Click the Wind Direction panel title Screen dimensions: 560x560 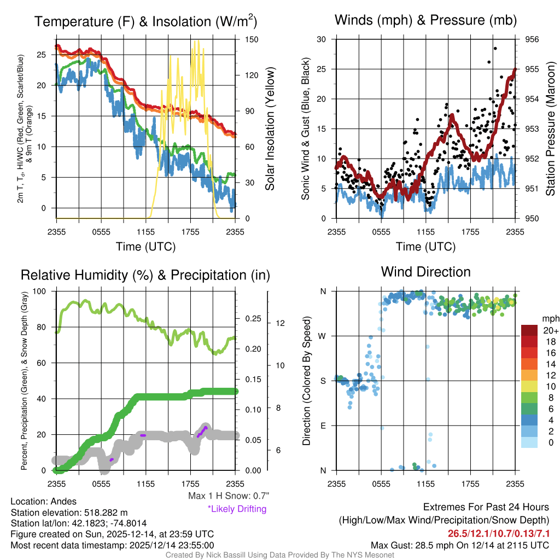coord(425,272)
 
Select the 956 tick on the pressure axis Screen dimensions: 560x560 coord(532,39)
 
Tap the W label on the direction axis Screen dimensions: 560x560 coord(323,336)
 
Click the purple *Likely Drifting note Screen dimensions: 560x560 coord(237,509)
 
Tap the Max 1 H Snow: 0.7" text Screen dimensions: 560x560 coord(228,496)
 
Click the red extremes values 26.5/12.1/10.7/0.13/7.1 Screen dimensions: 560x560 coord(499,533)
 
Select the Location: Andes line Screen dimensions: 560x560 coord(44,501)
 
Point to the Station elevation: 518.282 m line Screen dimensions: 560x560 coord(69,512)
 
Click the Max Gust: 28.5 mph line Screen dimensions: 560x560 coord(460,545)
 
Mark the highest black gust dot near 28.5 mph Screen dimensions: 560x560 coord(495,48)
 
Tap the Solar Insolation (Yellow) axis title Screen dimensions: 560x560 coord(270,129)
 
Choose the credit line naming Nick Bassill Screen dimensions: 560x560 coord(280,555)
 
